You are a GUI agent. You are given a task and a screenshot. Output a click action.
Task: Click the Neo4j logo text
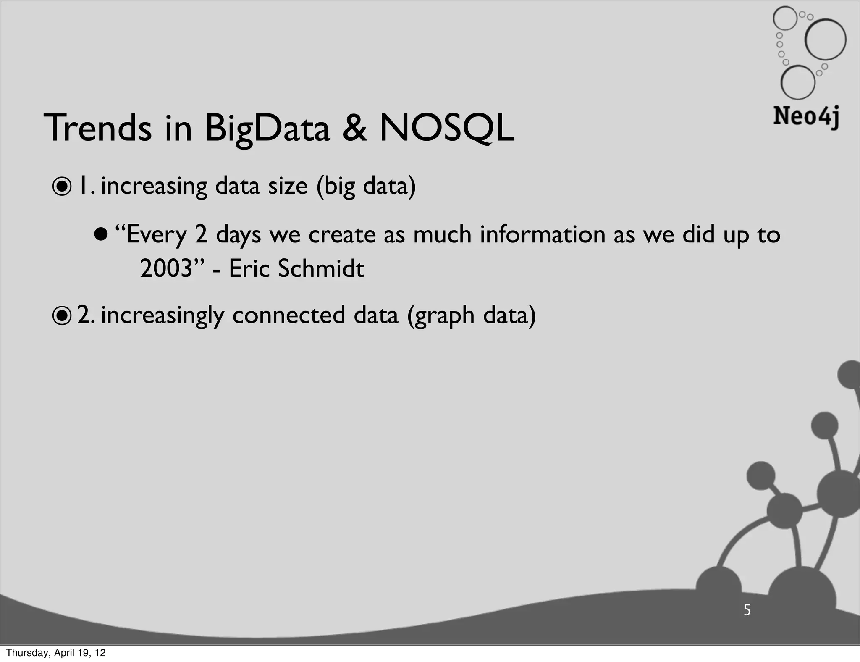coord(806,116)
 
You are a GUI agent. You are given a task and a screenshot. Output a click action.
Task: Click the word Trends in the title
coord(97,128)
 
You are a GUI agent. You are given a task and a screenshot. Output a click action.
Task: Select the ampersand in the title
coord(355,128)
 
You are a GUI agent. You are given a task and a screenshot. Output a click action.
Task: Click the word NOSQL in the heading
coord(447,128)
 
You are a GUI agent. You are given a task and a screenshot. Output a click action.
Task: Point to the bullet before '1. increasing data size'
coord(62,187)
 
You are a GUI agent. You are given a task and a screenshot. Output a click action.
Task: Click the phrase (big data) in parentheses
coord(366,186)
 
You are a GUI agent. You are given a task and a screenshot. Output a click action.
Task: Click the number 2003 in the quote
coord(165,268)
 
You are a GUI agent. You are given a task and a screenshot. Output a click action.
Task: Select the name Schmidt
coord(321,268)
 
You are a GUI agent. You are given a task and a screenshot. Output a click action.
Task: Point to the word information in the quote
coord(543,234)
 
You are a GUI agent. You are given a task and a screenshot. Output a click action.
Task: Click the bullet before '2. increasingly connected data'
coord(62,316)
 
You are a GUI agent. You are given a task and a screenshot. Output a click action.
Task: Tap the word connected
coord(288,315)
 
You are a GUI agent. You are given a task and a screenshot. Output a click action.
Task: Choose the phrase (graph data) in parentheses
coord(471,316)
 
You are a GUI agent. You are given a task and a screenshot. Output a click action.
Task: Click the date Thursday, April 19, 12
coord(56,653)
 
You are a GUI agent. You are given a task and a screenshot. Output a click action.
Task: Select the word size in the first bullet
coord(288,186)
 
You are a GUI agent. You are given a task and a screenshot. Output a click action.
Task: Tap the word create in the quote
coord(342,234)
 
